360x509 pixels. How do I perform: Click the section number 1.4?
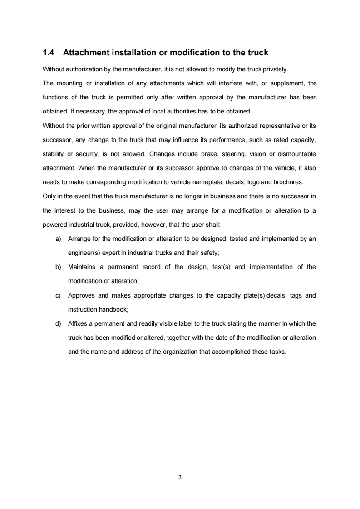point(48,53)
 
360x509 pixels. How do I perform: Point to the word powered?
point(54,225)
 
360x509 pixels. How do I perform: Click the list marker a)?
point(59,239)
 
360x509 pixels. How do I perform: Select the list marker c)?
point(58,295)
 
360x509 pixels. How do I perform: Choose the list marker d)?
point(58,323)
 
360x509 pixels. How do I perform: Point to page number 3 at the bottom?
point(180,477)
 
